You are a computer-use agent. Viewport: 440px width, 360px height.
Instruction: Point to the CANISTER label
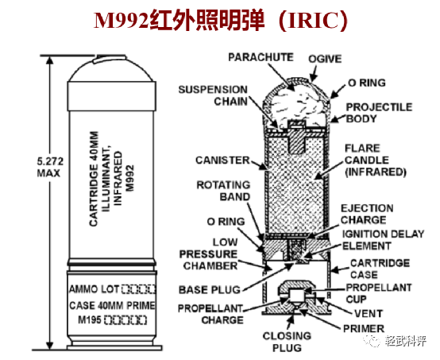(222, 160)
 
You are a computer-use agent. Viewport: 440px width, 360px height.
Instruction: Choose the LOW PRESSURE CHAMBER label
(212, 254)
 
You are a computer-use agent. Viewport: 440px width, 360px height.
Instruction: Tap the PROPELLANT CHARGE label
(210, 314)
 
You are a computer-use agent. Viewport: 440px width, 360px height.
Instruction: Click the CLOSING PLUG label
(288, 341)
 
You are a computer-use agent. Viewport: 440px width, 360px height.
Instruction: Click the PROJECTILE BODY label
(380, 113)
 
